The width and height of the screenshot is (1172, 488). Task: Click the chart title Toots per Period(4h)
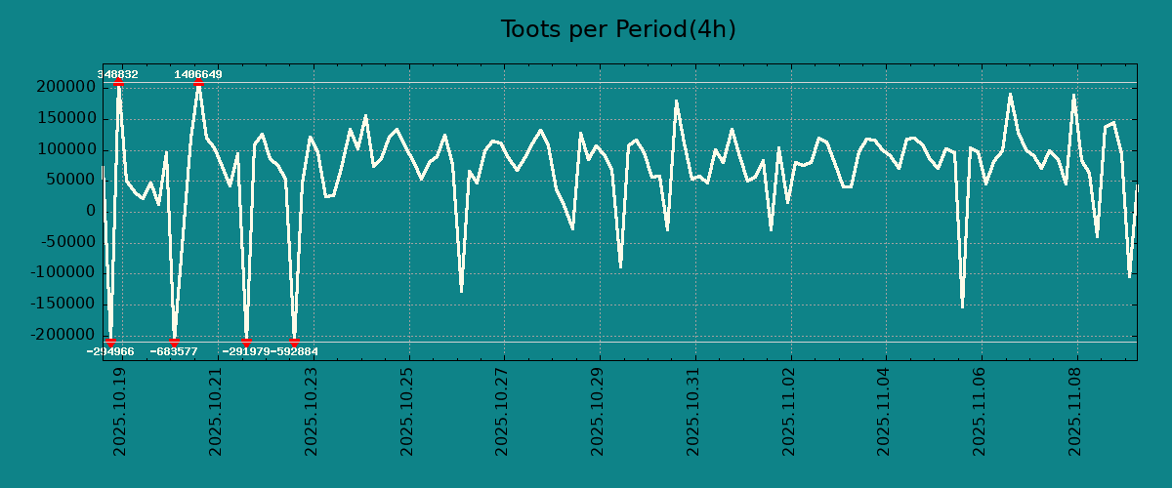[617, 29]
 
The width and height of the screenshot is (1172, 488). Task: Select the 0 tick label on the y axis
[91, 211]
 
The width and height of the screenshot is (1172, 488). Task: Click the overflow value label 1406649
[198, 74]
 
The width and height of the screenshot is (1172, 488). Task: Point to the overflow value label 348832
[117, 74]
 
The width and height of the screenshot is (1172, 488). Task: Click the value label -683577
[174, 351]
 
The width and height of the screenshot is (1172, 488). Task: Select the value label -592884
[294, 351]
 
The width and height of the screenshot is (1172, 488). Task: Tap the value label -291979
[246, 351]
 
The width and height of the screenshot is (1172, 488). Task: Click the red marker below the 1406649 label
[198, 83]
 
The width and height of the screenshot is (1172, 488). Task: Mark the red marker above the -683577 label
[175, 342]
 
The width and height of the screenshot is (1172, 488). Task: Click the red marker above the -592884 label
[294, 342]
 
